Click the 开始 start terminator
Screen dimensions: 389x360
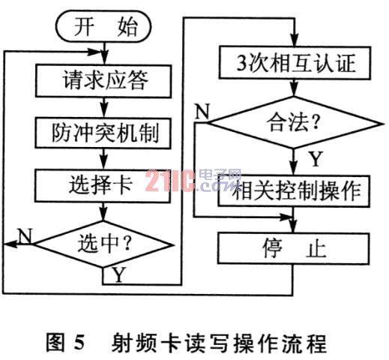(x=103, y=27)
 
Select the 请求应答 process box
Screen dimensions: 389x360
(x=103, y=81)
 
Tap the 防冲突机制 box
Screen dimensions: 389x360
(x=103, y=133)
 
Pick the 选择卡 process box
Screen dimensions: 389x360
(x=103, y=185)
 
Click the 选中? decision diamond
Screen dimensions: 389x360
(x=103, y=244)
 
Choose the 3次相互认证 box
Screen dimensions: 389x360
(x=295, y=63)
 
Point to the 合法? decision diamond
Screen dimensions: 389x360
(x=295, y=123)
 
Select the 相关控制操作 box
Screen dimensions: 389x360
(x=294, y=191)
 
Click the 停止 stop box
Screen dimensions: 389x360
(x=294, y=248)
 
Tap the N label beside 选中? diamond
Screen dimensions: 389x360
(x=25, y=235)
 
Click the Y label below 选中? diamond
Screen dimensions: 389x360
(x=118, y=274)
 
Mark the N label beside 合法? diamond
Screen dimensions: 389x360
(x=202, y=111)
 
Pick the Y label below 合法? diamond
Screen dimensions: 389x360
(x=316, y=158)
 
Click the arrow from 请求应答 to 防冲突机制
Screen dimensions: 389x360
(x=103, y=107)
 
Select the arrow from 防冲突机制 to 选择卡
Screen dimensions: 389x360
(x=103, y=159)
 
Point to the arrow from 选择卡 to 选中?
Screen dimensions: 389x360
(x=103, y=211)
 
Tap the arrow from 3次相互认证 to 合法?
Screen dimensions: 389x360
(x=295, y=88)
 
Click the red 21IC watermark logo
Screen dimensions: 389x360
(x=170, y=181)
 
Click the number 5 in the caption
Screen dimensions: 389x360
(x=79, y=343)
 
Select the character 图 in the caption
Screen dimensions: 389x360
(x=55, y=343)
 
